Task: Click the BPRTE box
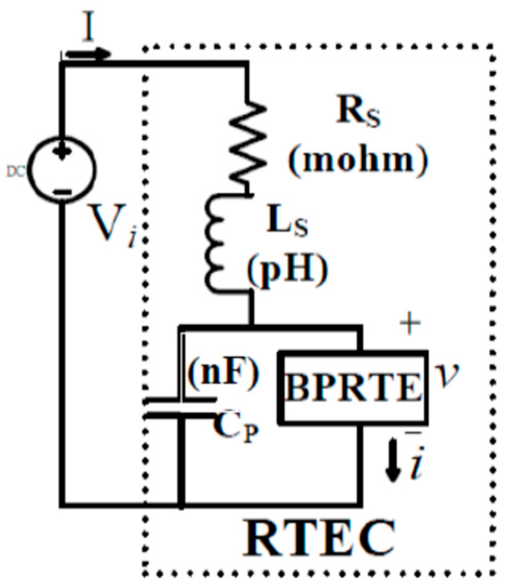(354, 386)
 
